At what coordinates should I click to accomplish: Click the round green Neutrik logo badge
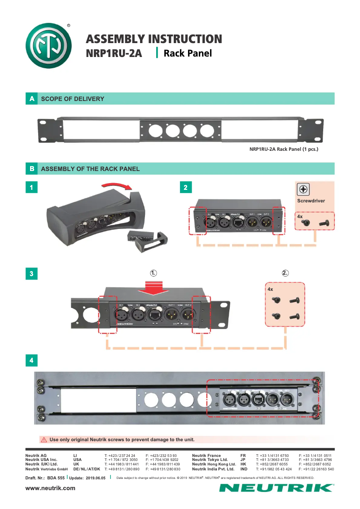click(49, 46)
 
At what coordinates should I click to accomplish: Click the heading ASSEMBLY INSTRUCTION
click(154, 39)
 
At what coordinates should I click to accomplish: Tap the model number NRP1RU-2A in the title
click(114, 54)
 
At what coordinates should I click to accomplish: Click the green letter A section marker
click(31, 99)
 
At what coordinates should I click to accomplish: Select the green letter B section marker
click(31, 169)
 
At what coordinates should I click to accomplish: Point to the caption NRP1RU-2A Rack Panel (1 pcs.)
click(284, 149)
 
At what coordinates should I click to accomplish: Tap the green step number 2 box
click(185, 188)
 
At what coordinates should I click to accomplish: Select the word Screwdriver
click(311, 201)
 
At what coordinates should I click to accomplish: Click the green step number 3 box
click(31, 273)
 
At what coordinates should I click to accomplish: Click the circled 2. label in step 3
click(285, 273)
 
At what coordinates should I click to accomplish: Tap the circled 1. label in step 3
click(154, 273)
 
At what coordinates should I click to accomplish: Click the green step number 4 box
click(31, 360)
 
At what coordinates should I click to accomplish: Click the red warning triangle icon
click(44, 439)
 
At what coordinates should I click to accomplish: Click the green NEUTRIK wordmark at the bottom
click(277, 488)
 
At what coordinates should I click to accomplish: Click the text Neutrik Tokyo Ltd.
click(210, 460)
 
